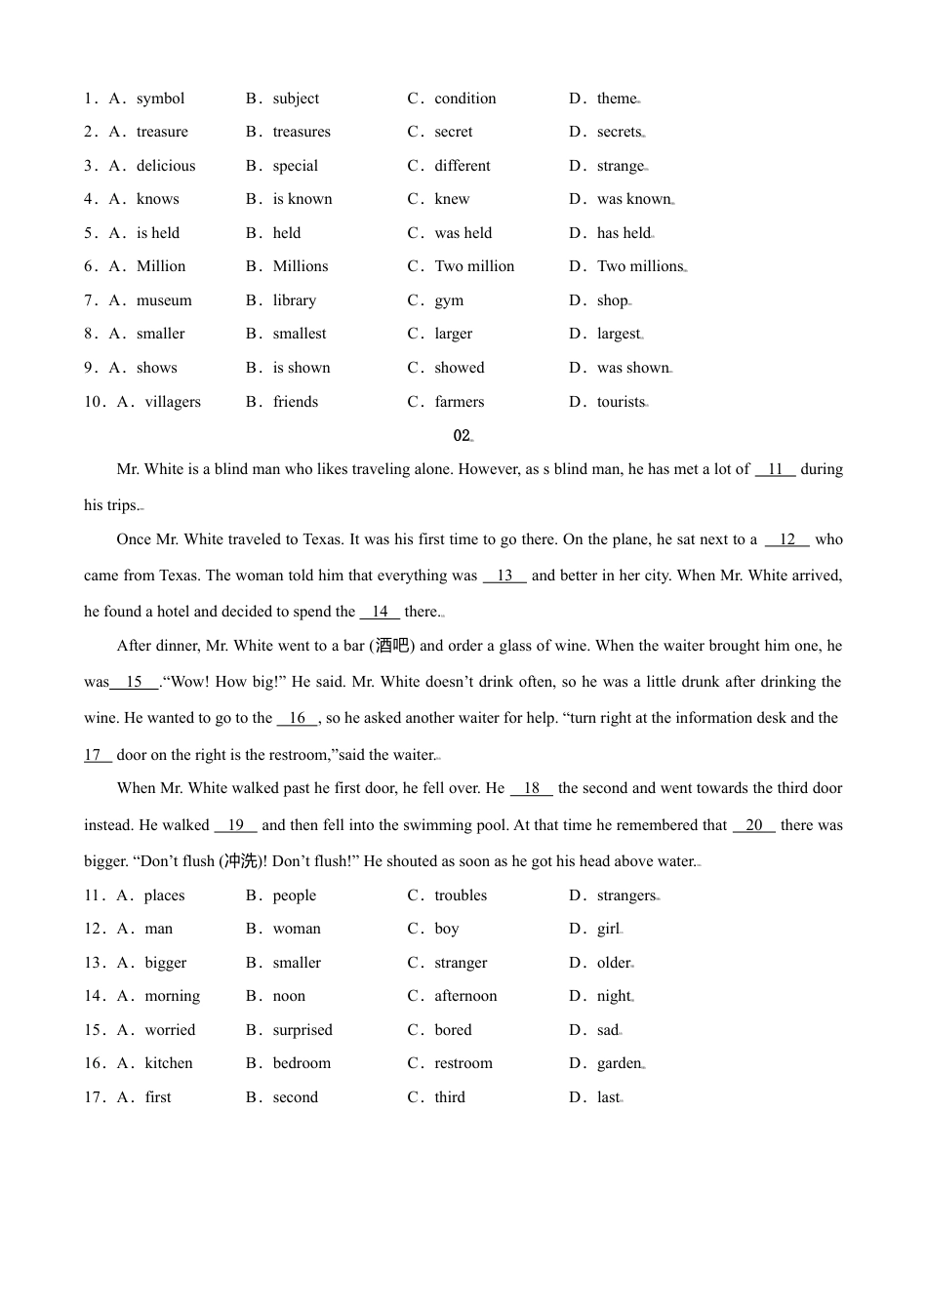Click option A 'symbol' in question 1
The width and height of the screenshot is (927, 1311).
click(x=160, y=99)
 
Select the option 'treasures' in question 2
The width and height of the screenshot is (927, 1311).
click(x=302, y=132)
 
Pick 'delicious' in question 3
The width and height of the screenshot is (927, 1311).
click(x=166, y=166)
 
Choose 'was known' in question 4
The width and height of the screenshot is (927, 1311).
click(x=634, y=199)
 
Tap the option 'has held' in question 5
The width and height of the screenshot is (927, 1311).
click(x=624, y=233)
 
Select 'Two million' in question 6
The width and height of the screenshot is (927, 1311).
click(x=474, y=266)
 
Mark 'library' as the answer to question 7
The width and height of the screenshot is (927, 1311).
click(x=295, y=300)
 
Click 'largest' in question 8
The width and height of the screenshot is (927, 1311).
click(x=619, y=334)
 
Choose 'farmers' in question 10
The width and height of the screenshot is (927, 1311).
click(x=460, y=402)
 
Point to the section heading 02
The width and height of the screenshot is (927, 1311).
click(x=462, y=436)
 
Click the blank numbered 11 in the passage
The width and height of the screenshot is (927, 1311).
click(x=776, y=469)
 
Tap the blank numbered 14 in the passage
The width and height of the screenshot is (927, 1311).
click(x=380, y=612)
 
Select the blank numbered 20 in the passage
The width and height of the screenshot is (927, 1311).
click(x=753, y=825)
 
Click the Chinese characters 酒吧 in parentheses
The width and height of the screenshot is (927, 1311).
click(x=393, y=646)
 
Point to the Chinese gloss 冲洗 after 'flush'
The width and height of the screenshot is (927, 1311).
click(x=241, y=861)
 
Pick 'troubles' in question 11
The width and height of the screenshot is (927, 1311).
click(x=461, y=895)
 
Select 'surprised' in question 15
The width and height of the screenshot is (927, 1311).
click(x=302, y=1030)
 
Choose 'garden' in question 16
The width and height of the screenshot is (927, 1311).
click(x=619, y=1063)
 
